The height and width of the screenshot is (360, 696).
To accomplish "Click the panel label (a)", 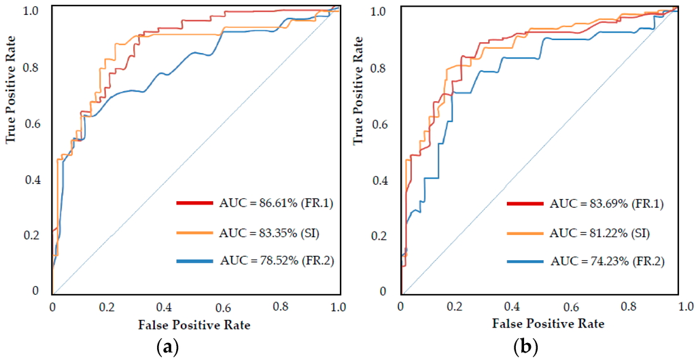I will coord(168,348).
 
